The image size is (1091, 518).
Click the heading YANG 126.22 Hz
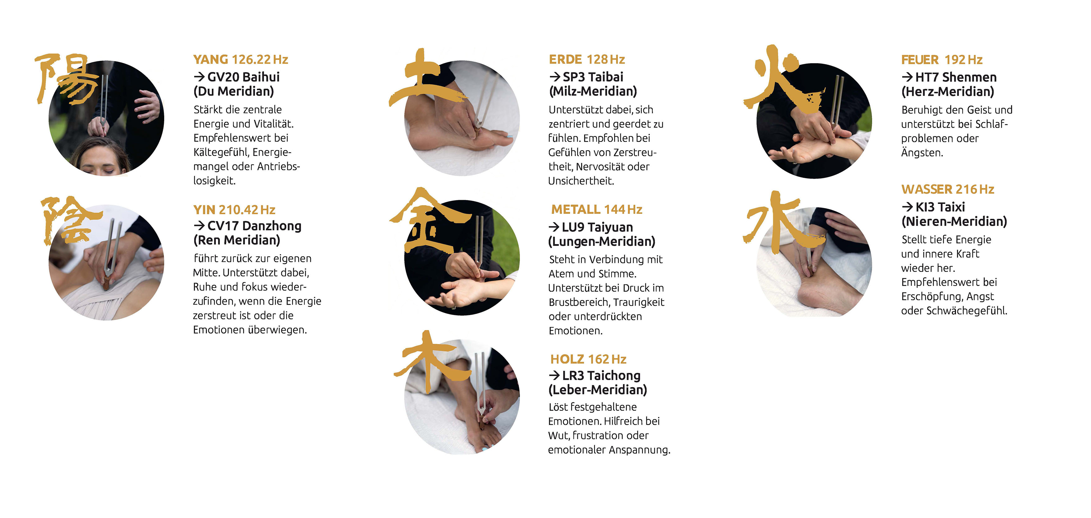click(241, 59)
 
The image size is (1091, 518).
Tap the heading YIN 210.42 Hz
click(234, 210)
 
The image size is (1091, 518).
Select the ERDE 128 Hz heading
click(587, 59)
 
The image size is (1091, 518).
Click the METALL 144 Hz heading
click(597, 210)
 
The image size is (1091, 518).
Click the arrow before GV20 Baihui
click(199, 77)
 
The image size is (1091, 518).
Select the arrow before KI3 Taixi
click(908, 207)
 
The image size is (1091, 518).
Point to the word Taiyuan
click(610, 228)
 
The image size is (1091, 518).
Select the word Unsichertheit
click(581, 181)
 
